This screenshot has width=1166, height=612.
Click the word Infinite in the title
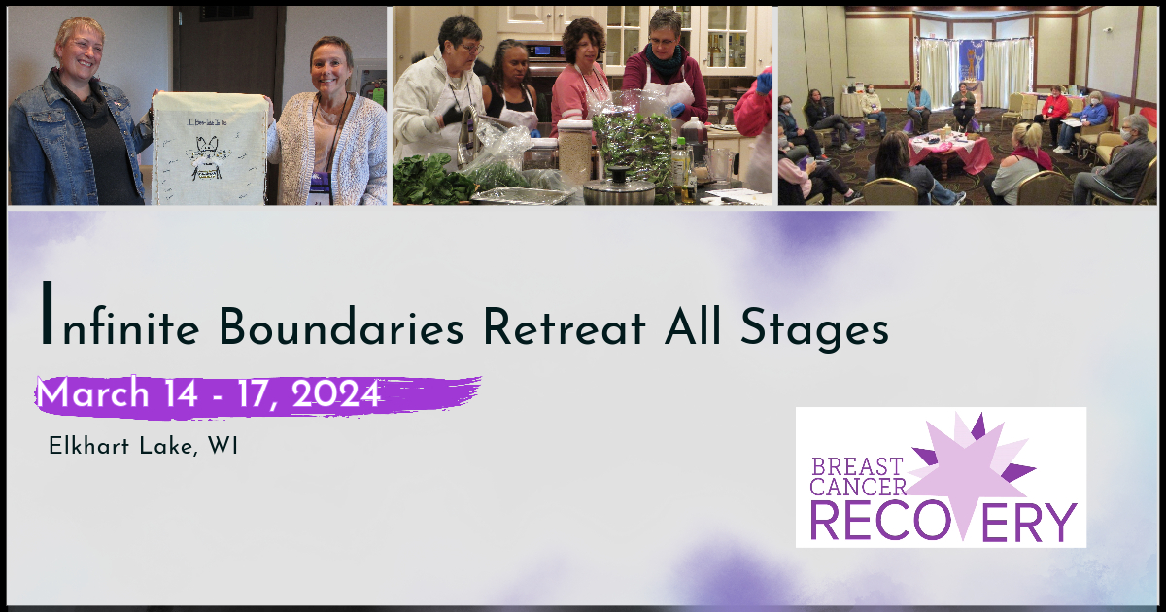tap(120, 314)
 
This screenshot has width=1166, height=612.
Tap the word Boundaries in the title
tap(341, 326)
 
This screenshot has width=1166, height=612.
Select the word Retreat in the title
tap(565, 326)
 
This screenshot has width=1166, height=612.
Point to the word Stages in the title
tap(814, 329)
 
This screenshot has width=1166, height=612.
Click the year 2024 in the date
tap(336, 394)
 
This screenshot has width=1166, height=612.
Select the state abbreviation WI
tap(223, 446)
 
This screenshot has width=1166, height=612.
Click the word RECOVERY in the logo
tap(943, 522)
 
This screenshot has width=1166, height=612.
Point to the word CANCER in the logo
tap(858, 487)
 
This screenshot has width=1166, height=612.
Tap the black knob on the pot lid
tap(618, 174)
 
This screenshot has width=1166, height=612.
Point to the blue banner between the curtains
tap(972, 60)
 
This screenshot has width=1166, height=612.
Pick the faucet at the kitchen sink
tap(468, 136)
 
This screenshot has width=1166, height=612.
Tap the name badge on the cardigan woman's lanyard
tap(319, 190)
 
